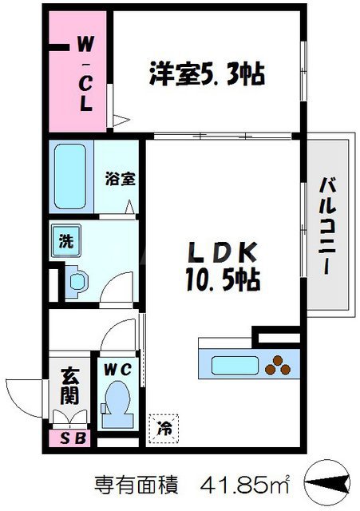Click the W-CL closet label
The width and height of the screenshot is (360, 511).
point(84,71)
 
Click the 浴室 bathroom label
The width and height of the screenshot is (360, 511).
point(120,179)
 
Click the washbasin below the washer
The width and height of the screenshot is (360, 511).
point(77,279)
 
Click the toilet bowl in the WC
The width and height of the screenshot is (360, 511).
point(117,397)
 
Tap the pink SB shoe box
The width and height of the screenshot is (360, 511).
point(71,438)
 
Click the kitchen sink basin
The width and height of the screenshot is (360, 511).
point(229,366)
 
